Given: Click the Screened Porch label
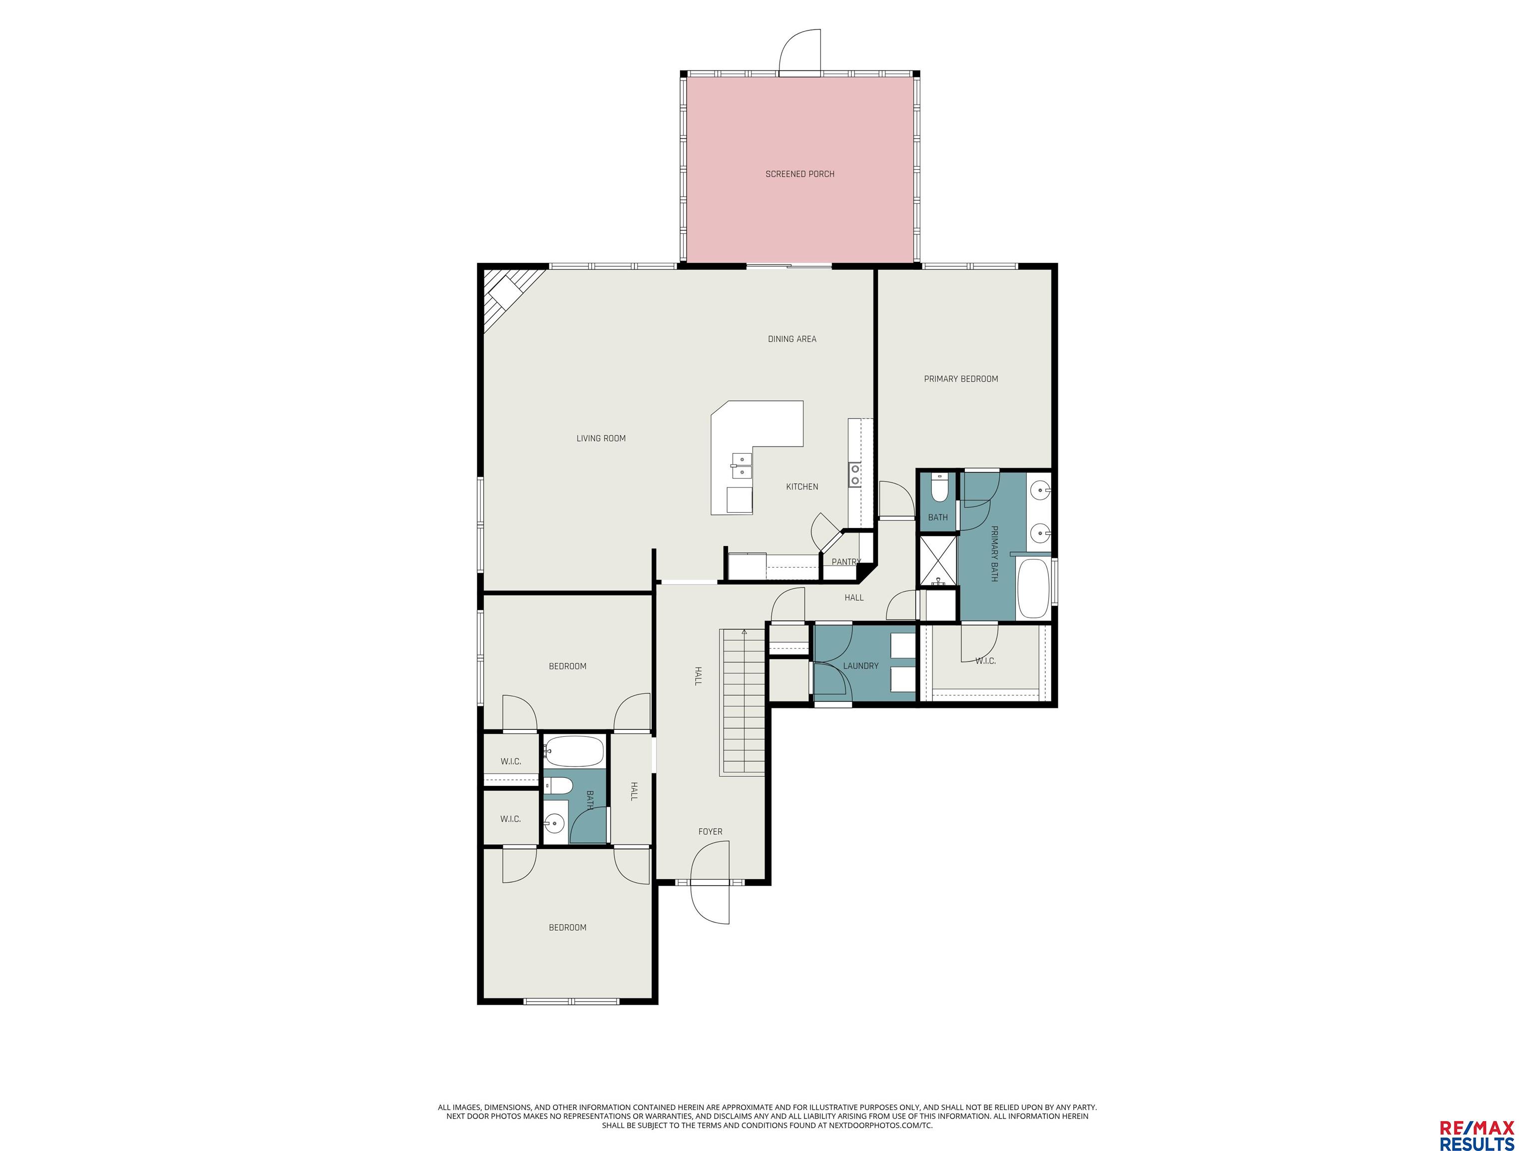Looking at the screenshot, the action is click(799, 174).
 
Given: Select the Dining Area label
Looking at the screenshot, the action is click(792, 339).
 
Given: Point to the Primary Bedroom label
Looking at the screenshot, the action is click(960, 379).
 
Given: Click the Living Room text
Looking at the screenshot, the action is click(601, 439).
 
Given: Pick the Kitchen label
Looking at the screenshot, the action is click(801, 487).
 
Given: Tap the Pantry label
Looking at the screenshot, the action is click(846, 562).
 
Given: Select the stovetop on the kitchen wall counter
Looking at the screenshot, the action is click(855, 475).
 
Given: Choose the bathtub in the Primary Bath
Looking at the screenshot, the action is click(1033, 588).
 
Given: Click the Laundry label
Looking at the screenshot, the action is click(860, 666).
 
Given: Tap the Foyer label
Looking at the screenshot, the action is click(710, 832).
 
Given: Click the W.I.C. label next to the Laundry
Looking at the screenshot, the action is click(985, 661).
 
